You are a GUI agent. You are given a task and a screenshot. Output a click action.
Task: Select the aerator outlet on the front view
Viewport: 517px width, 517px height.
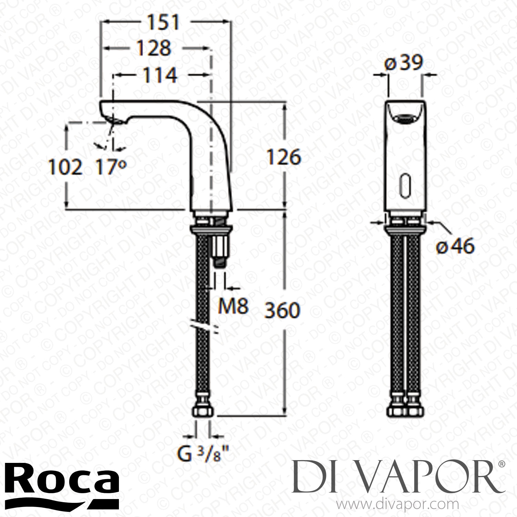click(406, 119)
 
